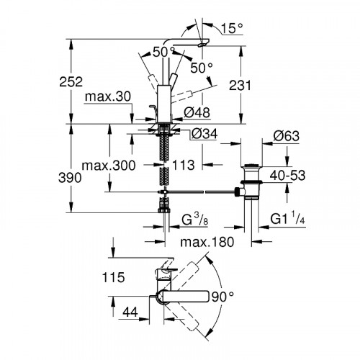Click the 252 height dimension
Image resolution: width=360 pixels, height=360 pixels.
(x=71, y=82)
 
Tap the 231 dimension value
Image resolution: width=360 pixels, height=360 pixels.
(x=240, y=85)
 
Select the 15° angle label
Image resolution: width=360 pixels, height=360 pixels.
(x=231, y=28)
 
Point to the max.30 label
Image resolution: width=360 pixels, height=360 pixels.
(x=108, y=96)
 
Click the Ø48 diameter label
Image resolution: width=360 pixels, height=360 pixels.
(x=197, y=112)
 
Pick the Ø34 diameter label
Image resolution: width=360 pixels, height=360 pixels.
(x=204, y=134)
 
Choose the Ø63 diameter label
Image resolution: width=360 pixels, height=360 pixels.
(x=287, y=136)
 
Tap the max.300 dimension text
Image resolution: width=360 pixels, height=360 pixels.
(x=109, y=166)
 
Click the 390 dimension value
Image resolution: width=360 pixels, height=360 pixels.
(x=70, y=178)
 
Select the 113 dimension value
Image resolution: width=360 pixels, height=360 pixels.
(x=184, y=165)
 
